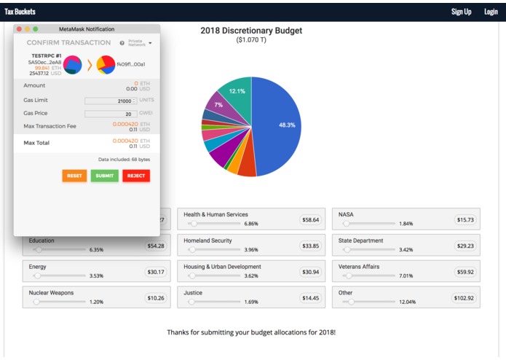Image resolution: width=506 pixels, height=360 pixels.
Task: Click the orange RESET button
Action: coord(74,176)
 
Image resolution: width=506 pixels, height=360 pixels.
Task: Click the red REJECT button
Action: coord(135,176)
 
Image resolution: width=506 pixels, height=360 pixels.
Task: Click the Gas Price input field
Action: coord(111,114)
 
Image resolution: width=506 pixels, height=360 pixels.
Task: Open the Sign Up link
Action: coord(461,12)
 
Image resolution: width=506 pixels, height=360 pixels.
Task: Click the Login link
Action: coord(491,12)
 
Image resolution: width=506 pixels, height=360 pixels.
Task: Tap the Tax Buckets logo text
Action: coord(20,12)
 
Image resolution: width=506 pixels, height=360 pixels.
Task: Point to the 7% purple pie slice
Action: coord(218,105)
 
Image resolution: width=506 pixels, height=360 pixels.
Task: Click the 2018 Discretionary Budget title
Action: coord(251,31)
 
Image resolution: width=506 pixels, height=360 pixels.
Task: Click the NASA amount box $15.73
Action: coord(464,219)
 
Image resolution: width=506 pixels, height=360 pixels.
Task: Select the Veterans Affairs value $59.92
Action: coord(464,272)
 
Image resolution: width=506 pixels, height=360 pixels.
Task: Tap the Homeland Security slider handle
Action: coord(193,250)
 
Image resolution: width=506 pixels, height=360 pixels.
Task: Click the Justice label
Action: coord(193,293)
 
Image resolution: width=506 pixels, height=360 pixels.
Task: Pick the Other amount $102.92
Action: coord(462,298)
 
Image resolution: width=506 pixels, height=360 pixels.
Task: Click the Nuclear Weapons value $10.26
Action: coord(156,298)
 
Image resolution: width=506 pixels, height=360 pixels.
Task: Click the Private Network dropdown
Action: coord(139,43)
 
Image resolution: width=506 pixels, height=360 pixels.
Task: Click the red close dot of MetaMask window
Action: coord(17,28)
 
